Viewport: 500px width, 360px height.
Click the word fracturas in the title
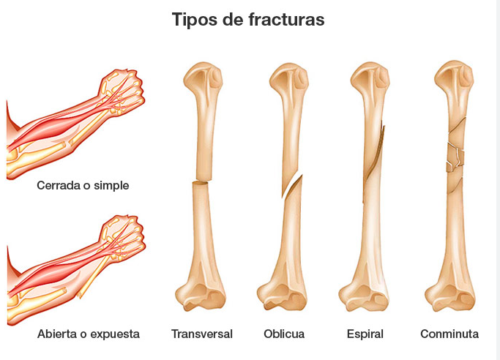286,20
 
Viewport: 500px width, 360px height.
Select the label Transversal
202,334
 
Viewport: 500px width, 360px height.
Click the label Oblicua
284,334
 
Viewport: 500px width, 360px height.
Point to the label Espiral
365,334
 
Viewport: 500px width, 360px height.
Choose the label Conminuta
449,334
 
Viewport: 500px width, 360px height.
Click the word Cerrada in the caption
58,185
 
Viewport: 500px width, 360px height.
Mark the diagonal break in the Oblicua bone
292,186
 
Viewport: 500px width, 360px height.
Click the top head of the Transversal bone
203,75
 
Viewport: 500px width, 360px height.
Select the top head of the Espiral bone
370,76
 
